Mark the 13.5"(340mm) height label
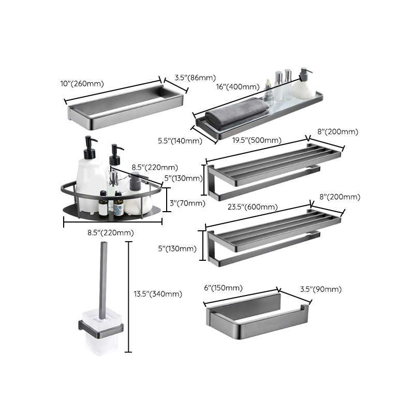click(158, 294)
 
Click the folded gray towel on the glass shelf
click(235, 116)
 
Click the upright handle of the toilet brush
click(101, 279)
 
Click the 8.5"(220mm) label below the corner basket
click(110, 232)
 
